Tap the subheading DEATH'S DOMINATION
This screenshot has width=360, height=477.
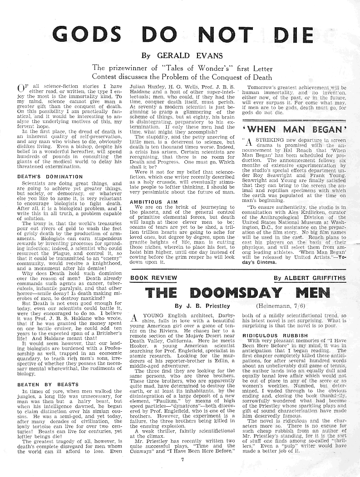(44, 177)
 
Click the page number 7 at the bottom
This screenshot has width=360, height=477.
(181, 459)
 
